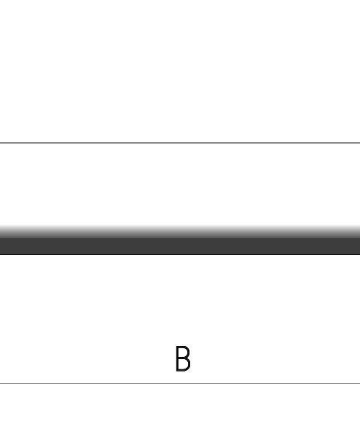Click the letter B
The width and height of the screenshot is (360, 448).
tap(183, 358)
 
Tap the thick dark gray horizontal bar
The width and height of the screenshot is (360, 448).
tap(180, 245)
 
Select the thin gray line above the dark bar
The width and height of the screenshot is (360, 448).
tap(180, 143)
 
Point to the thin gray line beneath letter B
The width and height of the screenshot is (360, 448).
tap(180, 383)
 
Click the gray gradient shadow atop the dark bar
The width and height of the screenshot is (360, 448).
tap(180, 232)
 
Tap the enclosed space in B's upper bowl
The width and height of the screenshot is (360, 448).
tap(182, 353)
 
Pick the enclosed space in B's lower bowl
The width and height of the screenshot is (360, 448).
tap(182, 364)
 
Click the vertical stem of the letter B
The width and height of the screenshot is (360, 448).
tap(177, 358)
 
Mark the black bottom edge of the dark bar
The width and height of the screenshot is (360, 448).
tap(180, 254)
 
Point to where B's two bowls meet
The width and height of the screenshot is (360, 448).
tap(185, 358)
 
